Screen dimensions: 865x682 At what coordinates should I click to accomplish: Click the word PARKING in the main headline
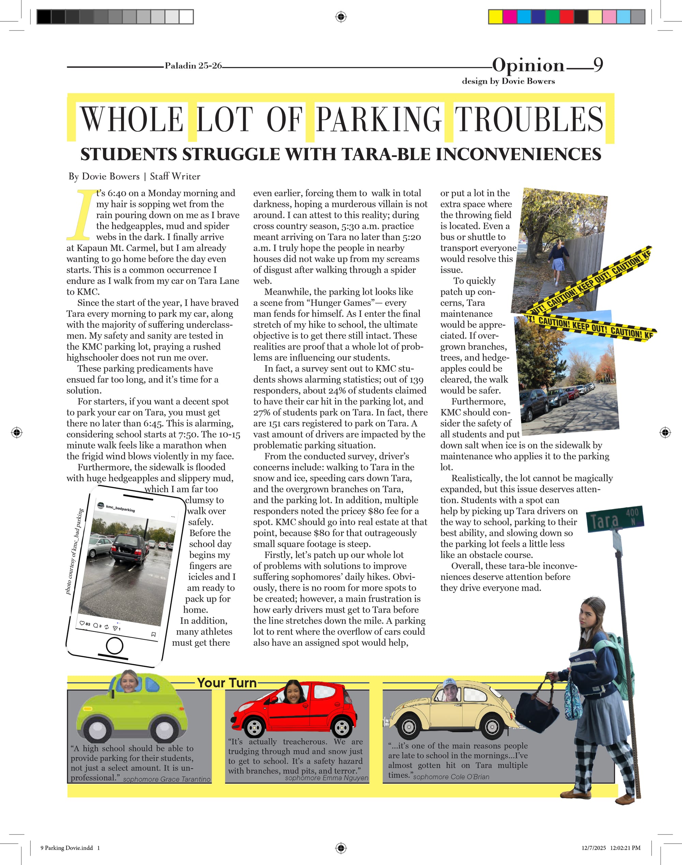(378, 119)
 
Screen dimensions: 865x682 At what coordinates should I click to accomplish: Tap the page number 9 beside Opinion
(598, 65)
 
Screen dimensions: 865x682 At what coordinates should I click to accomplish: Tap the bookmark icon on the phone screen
(153, 634)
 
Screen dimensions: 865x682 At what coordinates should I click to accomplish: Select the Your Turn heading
(227, 683)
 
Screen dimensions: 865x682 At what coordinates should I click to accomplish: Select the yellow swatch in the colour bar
(495, 17)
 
